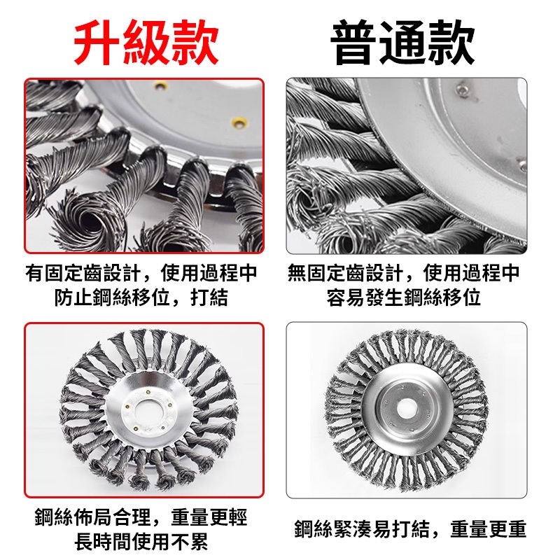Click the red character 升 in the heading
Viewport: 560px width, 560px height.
pyautogui.click(x=97, y=42)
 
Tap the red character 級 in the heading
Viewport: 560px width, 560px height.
pyautogui.click(x=146, y=42)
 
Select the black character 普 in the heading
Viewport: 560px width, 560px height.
pyautogui.click(x=353, y=42)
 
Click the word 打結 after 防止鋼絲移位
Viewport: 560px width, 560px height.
pyautogui.click(x=209, y=297)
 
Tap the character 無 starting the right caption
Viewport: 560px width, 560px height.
pyautogui.click(x=297, y=273)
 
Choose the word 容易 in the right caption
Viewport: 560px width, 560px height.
pyautogui.click(x=346, y=297)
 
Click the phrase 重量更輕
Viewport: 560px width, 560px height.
pyautogui.click(x=209, y=517)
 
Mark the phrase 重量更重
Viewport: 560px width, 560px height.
pyautogui.click(x=489, y=529)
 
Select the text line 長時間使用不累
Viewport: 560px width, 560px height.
pyautogui.click(x=141, y=542)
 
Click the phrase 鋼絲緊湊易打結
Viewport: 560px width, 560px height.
pyautogui.click(x=362, y=529)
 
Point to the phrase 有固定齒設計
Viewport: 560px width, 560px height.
pyautogui.click(x=83, y=273)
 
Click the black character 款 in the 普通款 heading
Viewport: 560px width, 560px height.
pyautogui.click(x=451, y=42)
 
